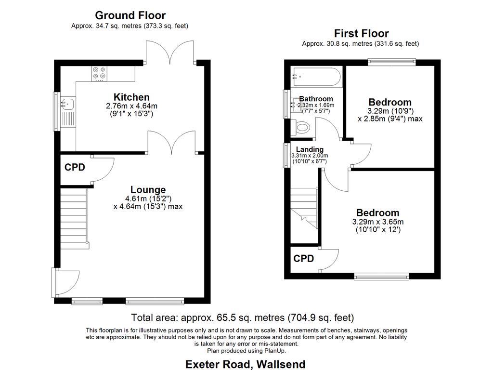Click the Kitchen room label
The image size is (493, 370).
[131, 97]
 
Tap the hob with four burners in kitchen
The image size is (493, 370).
[100, 73]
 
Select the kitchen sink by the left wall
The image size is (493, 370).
[67, 103]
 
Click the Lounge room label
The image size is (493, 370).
[148, 190]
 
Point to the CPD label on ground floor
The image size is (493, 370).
[75, 168]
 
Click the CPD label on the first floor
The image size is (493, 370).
[303, 259]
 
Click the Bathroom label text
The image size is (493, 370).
[316, 99]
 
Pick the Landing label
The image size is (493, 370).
[310, 149]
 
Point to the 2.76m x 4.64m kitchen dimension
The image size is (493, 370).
[131, 106]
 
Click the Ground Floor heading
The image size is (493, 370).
[130, 15]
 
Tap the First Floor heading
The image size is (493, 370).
[361, 33]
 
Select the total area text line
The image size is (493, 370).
[243, 318]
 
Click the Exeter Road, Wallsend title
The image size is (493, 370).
[245, 364]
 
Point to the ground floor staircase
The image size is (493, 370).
[73, 217]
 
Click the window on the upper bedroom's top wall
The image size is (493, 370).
[391, 62]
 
